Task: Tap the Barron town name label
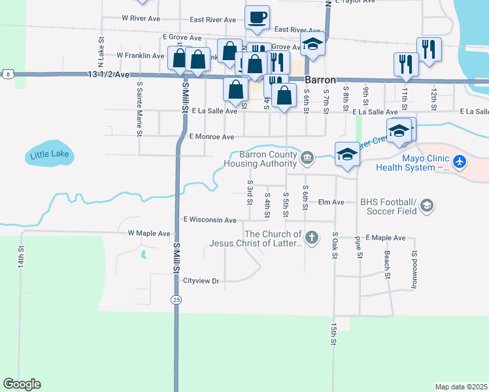[320, 80]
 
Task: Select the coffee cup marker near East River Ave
[257, 18]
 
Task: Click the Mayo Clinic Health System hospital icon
[460, 161]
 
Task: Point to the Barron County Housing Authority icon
[307, 157]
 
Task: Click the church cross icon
[312, 237]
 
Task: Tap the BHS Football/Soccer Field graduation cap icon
[427, 206]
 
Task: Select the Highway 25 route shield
[176, 299]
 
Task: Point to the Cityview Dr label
[201, 281]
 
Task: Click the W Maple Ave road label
[149, 233]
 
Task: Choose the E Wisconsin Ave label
[210, 220]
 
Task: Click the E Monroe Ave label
[211, 137]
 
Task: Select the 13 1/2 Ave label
[109, 75]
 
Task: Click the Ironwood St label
[414, 269]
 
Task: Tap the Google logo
[22, 384]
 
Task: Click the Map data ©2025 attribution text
[461, 387]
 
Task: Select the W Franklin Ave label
[141, 56]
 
